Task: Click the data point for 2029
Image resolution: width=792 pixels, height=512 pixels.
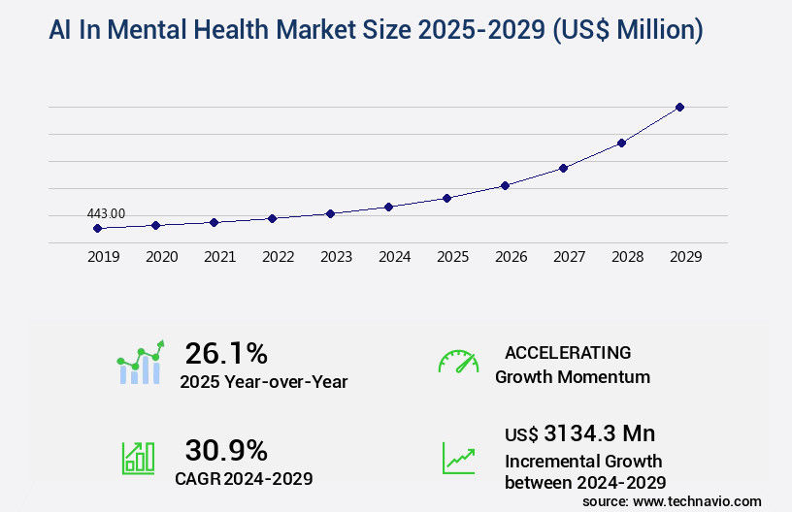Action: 679,107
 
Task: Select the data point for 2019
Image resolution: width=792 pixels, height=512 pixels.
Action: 97,228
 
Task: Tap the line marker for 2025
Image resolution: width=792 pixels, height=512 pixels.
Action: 446,198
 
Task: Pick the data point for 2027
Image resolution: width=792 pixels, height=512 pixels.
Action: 563,168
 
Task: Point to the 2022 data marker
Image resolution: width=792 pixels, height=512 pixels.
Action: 272,218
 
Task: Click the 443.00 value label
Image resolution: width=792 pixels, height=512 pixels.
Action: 106,213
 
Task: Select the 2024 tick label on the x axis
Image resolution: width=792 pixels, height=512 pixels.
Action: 394,257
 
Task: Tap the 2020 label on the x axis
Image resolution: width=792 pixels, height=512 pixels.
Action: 161,257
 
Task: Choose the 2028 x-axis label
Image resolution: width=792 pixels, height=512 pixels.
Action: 627,257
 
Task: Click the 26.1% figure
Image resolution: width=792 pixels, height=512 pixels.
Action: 226,353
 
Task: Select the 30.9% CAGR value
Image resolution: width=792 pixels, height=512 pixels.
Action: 226,450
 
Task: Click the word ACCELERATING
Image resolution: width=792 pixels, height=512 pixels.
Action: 568,353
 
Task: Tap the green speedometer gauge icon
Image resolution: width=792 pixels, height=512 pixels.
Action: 458,362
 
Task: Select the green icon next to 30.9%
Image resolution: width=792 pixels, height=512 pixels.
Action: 138,458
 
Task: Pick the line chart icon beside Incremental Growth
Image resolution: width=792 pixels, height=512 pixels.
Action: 458,458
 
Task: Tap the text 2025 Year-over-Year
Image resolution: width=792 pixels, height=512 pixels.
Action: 263,382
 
